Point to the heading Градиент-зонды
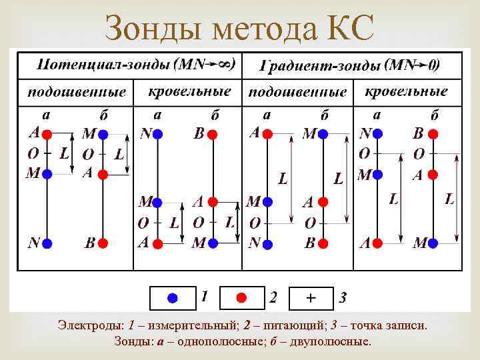coord(319,65)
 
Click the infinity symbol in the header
coord(225,64)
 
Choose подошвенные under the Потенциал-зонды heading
coord(76,91)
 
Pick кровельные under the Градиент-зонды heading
coord(406,91)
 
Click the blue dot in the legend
coord(173,297)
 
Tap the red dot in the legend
coord(242,297)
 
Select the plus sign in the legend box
coord(311,297)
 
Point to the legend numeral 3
coord(343,297)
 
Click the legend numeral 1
coord(205,296)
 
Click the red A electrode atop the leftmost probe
coord(47,133)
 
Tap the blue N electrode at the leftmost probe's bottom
coord(47,243)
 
